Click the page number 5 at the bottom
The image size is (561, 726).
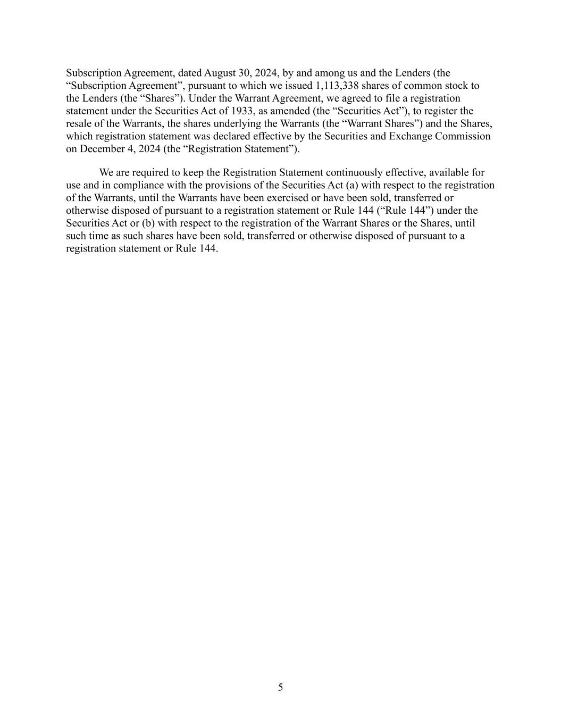point(280,688)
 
